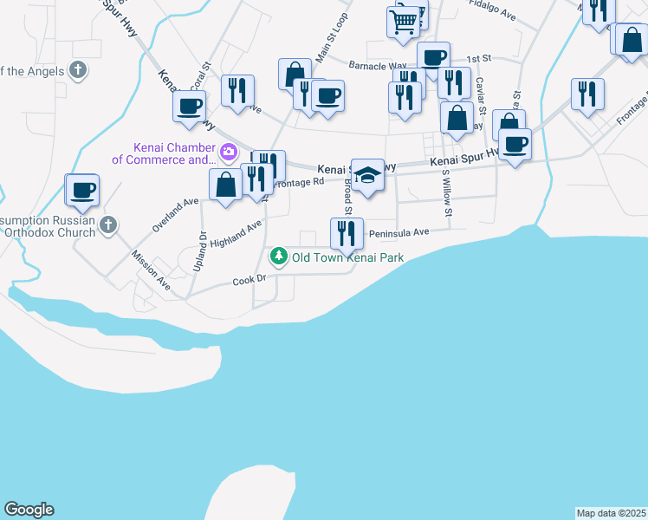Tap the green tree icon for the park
pyautogui.click(x=279, y=257)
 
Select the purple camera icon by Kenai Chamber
pyautogui.click(x=229, y=153)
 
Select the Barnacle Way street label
pyautogui.click(x=377, y=65)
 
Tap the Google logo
pyautogui.click(x=29, y=510)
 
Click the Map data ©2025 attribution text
pyautogui.click(x=611, y=513)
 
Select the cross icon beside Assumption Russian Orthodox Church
pyautogui.click(x=108, y=225)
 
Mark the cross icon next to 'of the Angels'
pyautogui.click(x=78, y=69)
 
